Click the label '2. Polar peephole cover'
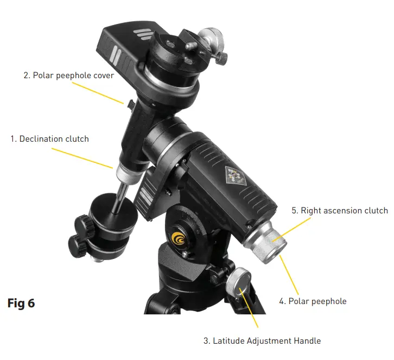(68, 75)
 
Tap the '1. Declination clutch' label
(49, 139)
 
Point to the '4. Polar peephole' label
(312, 301)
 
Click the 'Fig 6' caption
(21, 303)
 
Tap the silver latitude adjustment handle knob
(238, 281)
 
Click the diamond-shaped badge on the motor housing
(232, 175)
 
